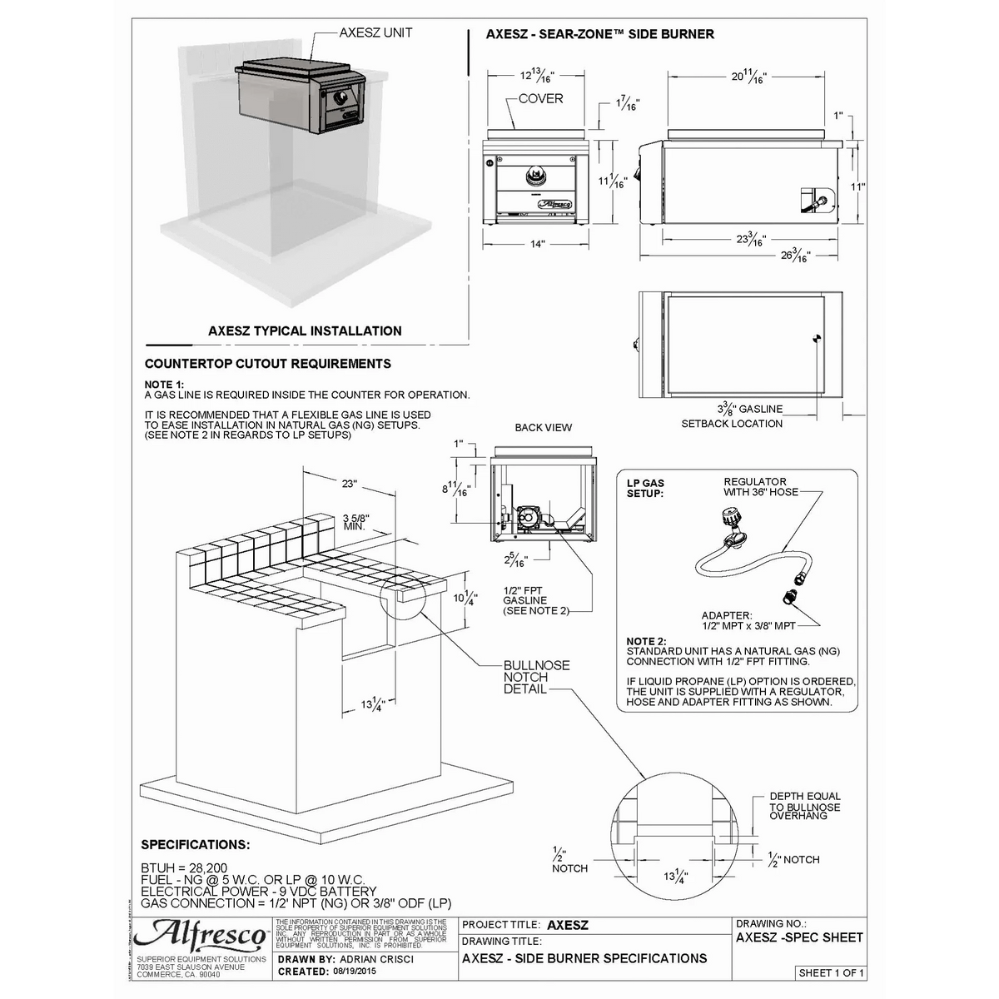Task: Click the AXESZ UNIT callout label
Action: pyautogui.click(x=375, y=33)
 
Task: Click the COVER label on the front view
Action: pyautogui.click(x=540, y=99)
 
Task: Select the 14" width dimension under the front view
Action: pyautogui.click(x=537, y=244)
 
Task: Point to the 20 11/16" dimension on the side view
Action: pyautogui.click(x=748, y=77)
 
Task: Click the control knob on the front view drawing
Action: pyautogui.click(x=533, y=176)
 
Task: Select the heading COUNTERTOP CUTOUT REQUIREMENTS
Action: pyautogui.click(x=267, y=364)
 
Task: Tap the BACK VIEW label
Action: pyautogui.click(x=543, y=427)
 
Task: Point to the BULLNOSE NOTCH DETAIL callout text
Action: pyautogui.click(x=536, y=677)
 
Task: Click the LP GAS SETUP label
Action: pyautogui.click(x=645, y=488)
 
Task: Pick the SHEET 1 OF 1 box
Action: pyautogui.click(x=831, y=972)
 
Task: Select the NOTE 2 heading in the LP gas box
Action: pyautogui.click(x=646, y=641)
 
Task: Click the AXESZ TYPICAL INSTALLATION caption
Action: pyautogui.click(x=305, y=331)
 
